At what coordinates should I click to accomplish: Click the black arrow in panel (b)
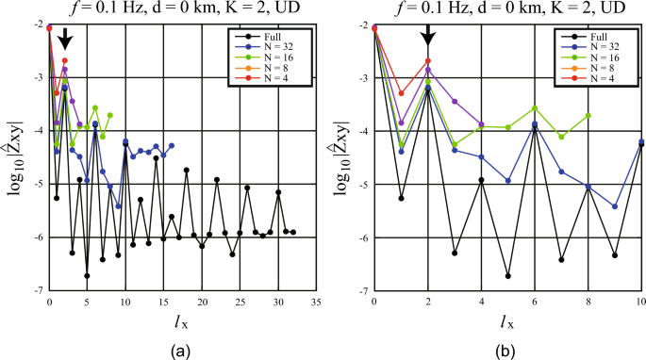point(428,33)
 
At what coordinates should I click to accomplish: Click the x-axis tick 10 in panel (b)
point(641,302)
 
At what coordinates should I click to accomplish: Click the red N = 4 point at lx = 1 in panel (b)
point(402,93)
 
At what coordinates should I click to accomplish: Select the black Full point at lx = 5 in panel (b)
point(508,276)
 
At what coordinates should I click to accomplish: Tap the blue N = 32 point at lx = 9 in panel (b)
point(615,206)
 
